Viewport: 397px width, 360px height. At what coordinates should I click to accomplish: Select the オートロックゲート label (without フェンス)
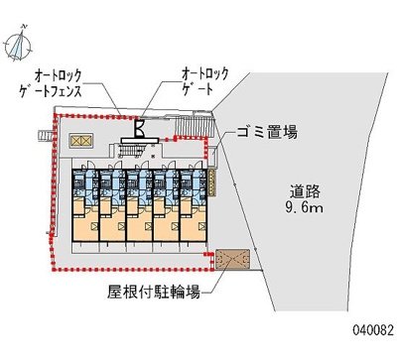[204, 81]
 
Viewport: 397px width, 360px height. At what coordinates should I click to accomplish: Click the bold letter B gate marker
[142, 128]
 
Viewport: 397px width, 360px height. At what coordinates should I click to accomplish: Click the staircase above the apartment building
[133, 152]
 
